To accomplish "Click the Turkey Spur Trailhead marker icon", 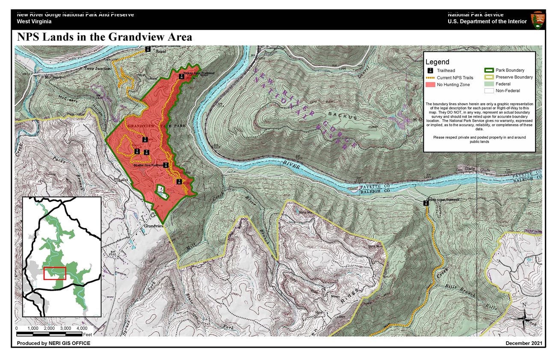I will pyautogui.click(x=181, y=77).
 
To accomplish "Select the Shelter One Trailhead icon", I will pyautogui.click(x=166, y=165).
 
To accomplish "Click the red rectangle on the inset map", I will pyautogui.click(x=55, y=273).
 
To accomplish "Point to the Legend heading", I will pyautogui.click(x=437, y=62).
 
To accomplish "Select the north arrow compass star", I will pyautogui.click(x=524, y=318).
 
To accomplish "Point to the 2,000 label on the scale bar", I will pyautogui.click(x=49, y=328).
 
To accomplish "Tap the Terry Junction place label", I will pyautogui.click(x=97, y=68).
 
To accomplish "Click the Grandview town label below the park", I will pyautogui.click(x=154, y=226).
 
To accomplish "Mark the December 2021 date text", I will pyautogui.click(x=524, y=343).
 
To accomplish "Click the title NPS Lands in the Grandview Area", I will pyautogui.click(x=104, y=37).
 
